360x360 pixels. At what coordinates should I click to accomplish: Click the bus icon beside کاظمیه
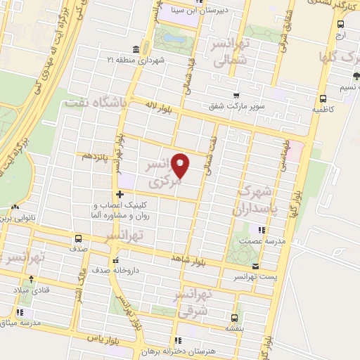[323, 98]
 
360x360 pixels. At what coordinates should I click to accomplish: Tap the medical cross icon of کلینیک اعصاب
[120, 193]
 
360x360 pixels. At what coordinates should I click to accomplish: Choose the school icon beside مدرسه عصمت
[262, 229]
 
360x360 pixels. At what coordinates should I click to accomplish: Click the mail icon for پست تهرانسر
[255, 266]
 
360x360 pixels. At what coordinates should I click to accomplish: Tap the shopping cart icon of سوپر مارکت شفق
[237, 96]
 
